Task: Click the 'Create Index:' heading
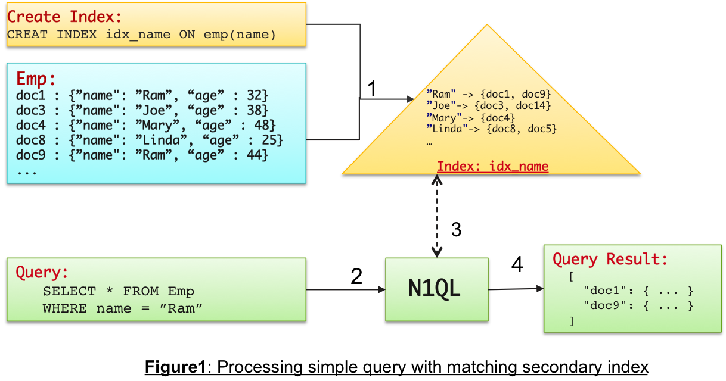64,16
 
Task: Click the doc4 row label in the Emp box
32,126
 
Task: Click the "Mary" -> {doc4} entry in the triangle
471,118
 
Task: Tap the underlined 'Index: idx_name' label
492,166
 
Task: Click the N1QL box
436,289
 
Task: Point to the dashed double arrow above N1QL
438,216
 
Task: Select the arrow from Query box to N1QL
346,289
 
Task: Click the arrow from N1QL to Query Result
516,289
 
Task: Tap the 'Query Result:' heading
610,260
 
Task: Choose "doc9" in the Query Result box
603,306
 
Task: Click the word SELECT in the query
69,292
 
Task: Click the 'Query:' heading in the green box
42,273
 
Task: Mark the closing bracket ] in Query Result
571,321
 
